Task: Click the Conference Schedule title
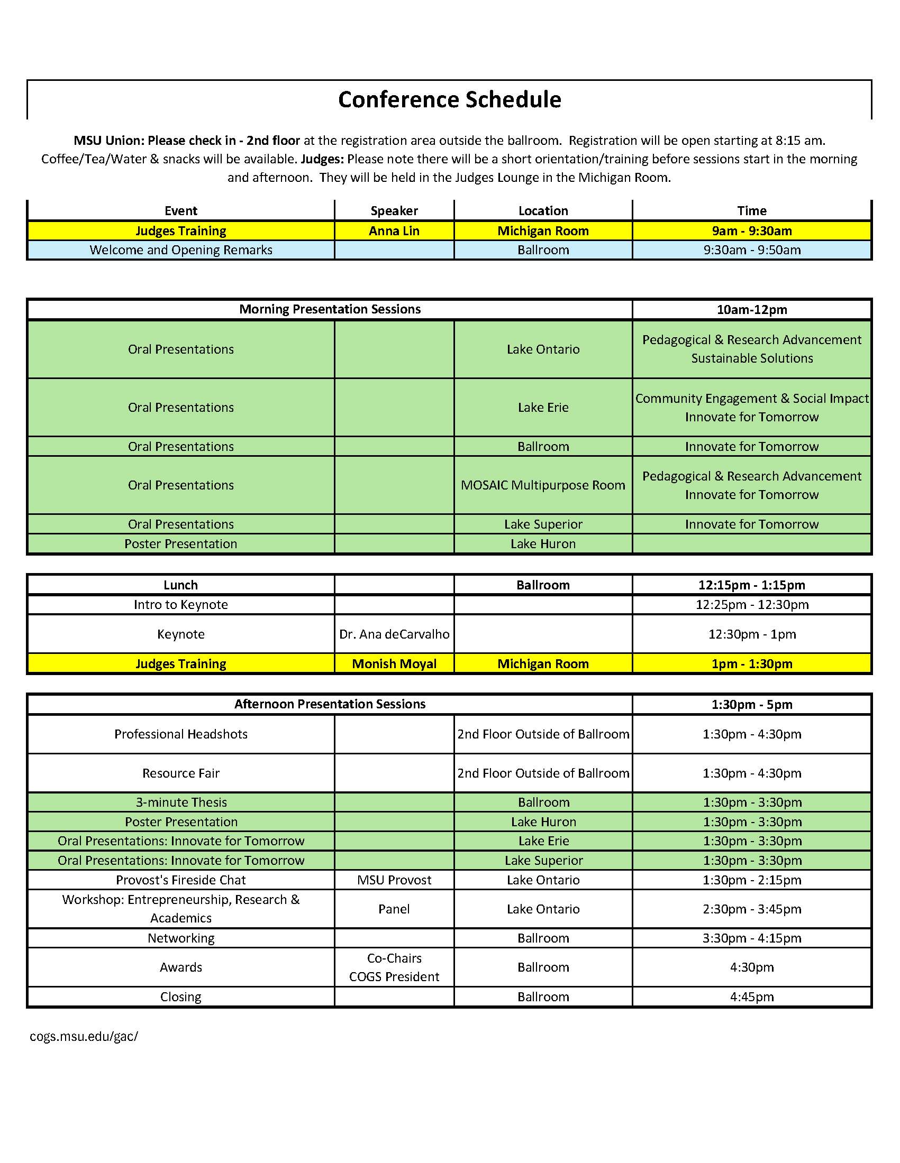click(449, 99)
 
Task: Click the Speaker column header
click(394, 211)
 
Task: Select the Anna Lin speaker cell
click(394, 231)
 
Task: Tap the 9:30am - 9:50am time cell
click(751, 250)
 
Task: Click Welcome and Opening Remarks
click(180, 250)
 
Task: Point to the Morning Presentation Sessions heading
click(329, 309)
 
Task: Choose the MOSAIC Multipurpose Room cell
click(542, 485)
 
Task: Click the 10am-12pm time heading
click(751, 310)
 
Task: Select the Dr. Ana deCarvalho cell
click(394, 634)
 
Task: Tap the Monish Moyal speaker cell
click(394, 664)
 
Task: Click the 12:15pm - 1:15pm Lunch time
click(751, 585)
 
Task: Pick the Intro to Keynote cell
click(180, 605)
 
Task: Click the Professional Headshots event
click(180, 734)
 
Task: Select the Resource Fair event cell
click(180, 773)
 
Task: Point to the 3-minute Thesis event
click(180, 802)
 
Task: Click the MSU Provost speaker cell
click(394, 880)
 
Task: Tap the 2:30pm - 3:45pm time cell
click(751, 909)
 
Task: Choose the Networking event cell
click(180, 938)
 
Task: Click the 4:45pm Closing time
click(751, 997)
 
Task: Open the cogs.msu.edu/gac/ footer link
click(84, 1036)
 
